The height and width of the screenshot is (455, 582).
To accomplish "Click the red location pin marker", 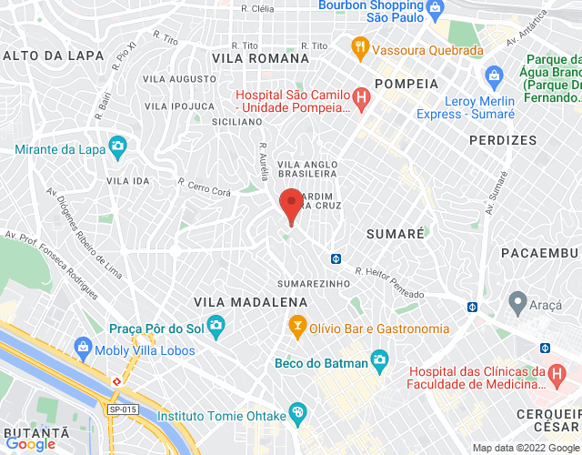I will coord(291,205).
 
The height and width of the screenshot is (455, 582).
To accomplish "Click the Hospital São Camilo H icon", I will coord(361,96).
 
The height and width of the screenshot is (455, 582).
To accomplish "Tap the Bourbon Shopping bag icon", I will coord(435,7).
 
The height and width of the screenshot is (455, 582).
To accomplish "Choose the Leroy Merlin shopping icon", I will coord(494,75).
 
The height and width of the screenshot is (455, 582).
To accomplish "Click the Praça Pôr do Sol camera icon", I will coord(216,325).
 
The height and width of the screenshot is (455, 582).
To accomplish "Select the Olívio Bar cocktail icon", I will coord(296,325).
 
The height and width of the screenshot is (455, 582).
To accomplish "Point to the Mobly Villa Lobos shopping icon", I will coord(84,347).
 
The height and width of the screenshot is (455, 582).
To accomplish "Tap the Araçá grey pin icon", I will coord(517,300).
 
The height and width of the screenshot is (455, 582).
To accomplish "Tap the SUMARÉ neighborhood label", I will coord(395,234).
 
